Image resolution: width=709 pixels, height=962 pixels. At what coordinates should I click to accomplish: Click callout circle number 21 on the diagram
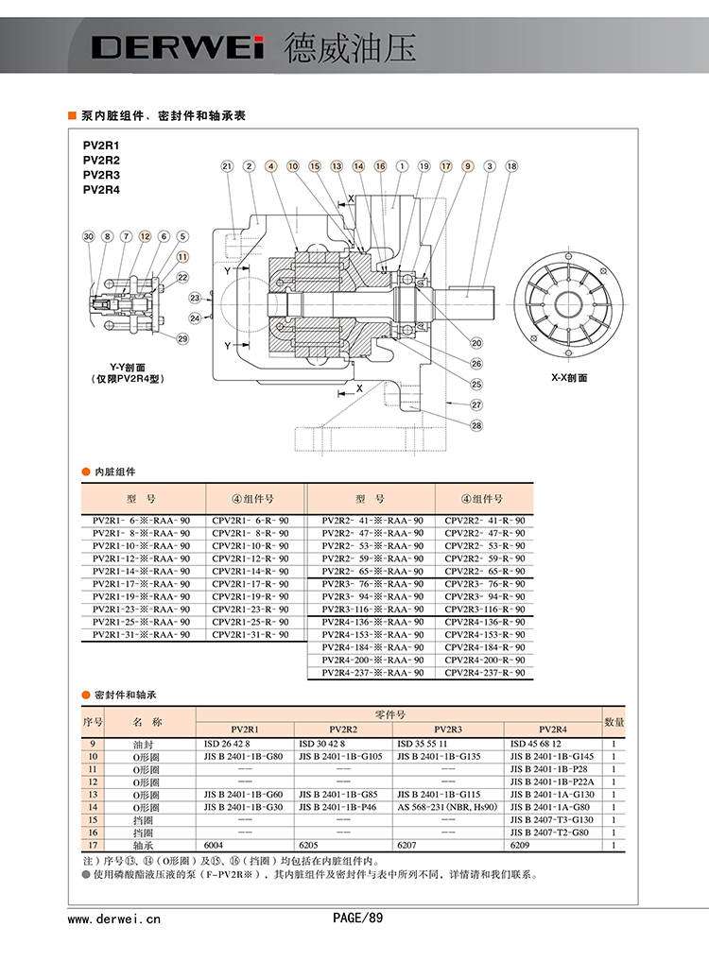(227, 166)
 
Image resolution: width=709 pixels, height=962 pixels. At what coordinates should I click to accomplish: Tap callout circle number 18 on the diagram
(511, 166)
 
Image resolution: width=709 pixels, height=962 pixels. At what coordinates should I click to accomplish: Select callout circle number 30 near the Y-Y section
(89, 236)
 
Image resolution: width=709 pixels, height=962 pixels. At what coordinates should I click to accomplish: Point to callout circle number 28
(476, 425)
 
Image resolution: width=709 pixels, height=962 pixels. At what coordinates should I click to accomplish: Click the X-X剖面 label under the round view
(570, 377)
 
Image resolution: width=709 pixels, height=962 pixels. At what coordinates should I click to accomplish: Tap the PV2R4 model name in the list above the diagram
(102, 189)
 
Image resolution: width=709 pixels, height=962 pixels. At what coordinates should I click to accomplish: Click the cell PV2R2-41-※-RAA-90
(372, 521)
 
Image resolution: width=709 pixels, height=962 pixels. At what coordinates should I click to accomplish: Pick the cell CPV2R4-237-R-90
(484, 673)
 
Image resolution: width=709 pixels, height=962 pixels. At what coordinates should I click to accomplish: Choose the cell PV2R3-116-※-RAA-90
(372, 610)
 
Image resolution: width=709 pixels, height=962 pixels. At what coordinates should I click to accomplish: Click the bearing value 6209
(521, 845)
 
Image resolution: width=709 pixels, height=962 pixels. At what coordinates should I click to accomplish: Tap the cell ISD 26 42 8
(228, 744)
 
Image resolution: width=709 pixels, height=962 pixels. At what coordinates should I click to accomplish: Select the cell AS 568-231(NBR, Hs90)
(447, 807)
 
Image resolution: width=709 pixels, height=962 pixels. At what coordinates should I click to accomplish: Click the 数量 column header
(614, 722)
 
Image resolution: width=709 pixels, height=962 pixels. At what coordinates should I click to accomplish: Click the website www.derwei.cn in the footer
(114, 918)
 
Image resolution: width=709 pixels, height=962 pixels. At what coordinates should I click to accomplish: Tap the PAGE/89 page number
(358, 917)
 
